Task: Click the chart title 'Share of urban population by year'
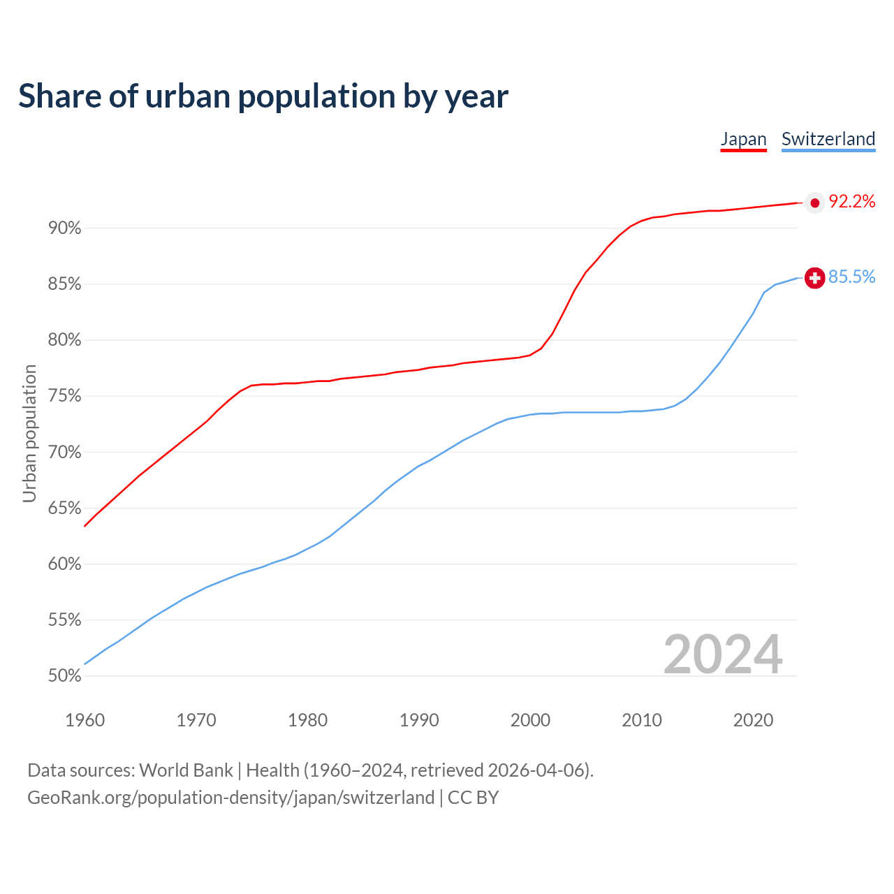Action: click(263, 96)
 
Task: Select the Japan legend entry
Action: click(743, 139)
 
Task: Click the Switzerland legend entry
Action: click(828, 139)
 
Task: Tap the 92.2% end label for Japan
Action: click(851, 202)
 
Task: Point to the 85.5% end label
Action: click(851, 277)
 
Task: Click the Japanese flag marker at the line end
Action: click(814, 203)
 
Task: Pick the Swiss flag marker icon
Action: click(814, 278)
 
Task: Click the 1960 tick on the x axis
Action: click(85, 720)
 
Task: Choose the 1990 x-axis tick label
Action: click(419, 720)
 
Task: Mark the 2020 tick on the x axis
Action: click(753, 720)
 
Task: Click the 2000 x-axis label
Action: click(530, 720)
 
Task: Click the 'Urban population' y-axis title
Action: click(29, 433)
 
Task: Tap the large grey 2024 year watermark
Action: click(723, 654)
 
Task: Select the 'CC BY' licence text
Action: click(473, 798)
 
